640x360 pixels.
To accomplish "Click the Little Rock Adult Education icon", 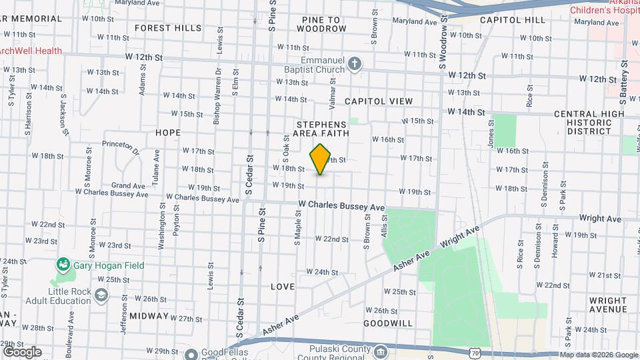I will coord(101,295).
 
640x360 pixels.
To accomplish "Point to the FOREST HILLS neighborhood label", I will coord(167,28).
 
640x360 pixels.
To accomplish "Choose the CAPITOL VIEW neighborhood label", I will coord(379,101).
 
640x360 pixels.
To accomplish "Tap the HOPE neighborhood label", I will coord(168,133).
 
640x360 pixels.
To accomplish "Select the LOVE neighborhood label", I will coord(283,287).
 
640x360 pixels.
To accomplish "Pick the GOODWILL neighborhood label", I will coord(388,323).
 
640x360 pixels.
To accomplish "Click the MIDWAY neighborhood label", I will coord(149,315).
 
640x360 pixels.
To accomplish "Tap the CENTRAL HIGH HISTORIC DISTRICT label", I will coord(589,123).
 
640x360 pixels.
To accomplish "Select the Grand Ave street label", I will coord(129,186).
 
